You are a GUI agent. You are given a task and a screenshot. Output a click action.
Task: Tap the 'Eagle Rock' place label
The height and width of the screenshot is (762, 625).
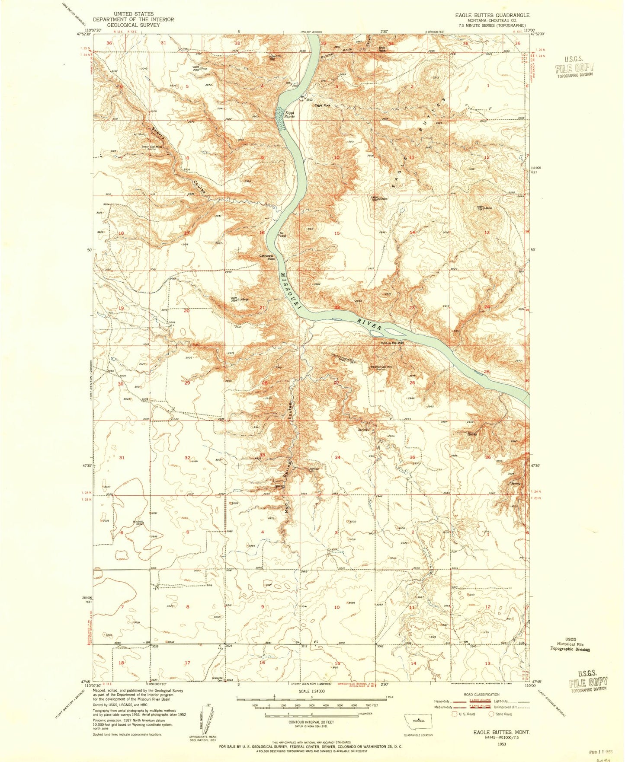tap(322, 105)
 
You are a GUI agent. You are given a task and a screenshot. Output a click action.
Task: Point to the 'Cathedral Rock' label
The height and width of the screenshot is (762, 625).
tap(266, 257)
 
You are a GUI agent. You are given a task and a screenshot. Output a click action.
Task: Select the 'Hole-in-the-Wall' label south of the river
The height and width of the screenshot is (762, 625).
tap(392, 343)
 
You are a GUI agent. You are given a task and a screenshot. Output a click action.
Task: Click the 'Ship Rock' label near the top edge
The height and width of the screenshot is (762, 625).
tap(382, 49)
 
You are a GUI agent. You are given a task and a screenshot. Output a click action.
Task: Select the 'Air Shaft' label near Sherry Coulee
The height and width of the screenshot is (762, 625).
tap(139, 134)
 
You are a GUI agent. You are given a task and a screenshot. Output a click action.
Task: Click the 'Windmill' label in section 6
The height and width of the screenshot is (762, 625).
tap(138, 522)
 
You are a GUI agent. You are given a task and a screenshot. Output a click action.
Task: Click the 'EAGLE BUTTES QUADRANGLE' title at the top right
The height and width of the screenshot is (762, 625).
tap(492, 15)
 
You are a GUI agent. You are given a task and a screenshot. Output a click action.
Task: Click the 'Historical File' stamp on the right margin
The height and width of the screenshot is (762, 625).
tap(570, 644)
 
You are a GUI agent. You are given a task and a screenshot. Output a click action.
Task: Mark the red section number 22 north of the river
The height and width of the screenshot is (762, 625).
tap(337, 307)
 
